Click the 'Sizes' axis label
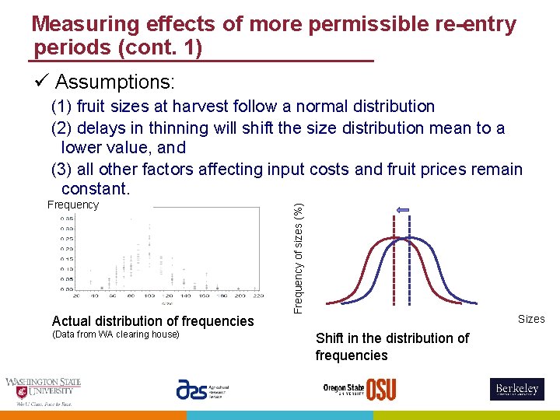[531, 319]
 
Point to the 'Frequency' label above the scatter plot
[73, 205]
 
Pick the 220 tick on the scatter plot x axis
[258, 296]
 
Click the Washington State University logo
[43, 391]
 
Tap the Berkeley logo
[516, 389]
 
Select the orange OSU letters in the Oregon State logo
[381, 390]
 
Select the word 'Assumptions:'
[115, 82]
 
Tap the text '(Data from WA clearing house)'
[115, 334]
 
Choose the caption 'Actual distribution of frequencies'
[152, 320]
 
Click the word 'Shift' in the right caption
[330, 338]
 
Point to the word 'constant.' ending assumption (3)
[95, 188]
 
